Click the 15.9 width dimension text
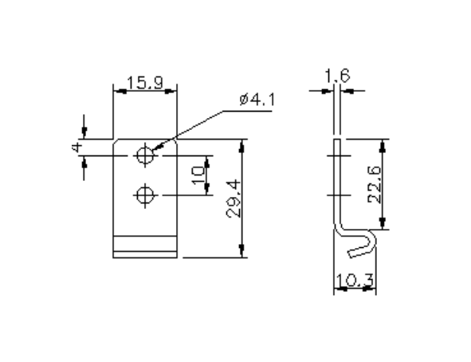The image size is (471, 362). coord(144,81)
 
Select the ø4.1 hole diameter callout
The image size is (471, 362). coord(255,100)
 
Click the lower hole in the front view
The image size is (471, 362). coord(145,194)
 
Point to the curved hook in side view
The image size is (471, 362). coord(363,243)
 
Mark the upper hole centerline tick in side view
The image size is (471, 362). coord(337,155)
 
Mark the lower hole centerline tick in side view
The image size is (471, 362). coord(337,194)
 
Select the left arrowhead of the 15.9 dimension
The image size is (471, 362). coord(117,90)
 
